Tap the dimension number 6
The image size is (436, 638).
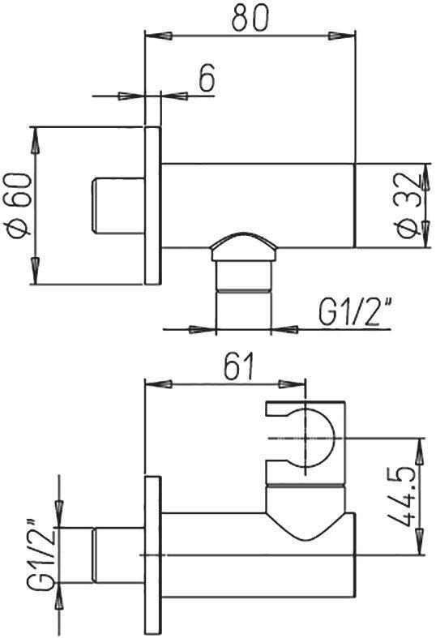[206, 79]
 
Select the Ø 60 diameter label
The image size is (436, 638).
[19, 205]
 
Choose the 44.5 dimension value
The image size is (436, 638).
[404, 495]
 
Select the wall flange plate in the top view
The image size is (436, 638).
[152, 205]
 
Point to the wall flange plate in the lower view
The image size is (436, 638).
[152, 555]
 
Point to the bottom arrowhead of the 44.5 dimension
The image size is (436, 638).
[420, 538]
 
